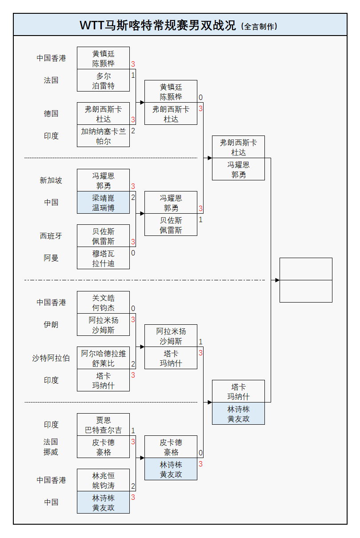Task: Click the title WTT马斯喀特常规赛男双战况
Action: point(158,25)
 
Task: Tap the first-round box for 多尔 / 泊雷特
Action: point(103,80)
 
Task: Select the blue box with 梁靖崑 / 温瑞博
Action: point(103,203)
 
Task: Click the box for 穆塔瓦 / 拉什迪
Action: point(103,258)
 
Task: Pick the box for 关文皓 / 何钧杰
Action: point(103,303)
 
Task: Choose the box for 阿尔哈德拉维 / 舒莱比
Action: point(103,358)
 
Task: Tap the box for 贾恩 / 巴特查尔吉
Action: point(103,425)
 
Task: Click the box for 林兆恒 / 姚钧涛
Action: point(103,480)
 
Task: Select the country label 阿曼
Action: point(51,258)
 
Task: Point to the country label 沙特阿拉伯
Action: point(51,358)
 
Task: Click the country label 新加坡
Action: point(51,180)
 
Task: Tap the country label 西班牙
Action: point(51,236)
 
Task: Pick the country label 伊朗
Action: point(51,325)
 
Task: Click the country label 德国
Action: point(51,114)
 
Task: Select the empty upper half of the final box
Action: point(306,269)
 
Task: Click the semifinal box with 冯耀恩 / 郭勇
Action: point(238,169)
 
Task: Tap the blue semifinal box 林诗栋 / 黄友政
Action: point(238,414)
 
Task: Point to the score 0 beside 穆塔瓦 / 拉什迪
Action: point(133,253)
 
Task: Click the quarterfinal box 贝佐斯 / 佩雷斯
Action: point(171,225)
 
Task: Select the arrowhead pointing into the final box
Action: point(277,280)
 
